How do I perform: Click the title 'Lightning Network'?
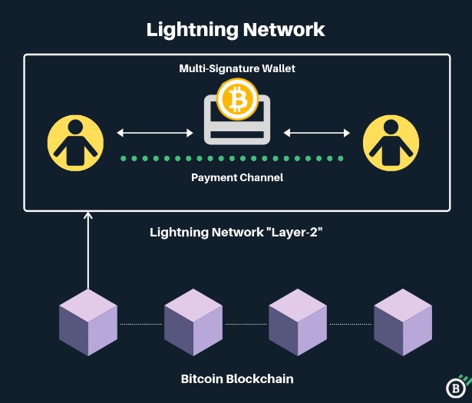pos(236,30)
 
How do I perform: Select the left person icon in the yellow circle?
pos(75,143)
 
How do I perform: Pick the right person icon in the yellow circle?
pos(391,143)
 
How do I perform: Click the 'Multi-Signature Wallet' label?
pos(237,68)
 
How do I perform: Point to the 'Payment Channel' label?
pos(237,177)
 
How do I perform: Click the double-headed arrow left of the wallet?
pos(155,133)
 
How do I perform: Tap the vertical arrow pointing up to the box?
pos(88,253)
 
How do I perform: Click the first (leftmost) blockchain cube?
pos(88,323)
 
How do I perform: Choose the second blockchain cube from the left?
pos(193,323)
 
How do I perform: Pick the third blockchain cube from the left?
pos(298,323)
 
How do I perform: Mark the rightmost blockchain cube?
pos(403,323)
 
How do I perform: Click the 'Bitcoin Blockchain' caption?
pos(237,378)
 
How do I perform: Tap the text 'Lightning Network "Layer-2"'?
pos(236,232)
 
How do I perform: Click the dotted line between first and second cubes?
pos(140,324)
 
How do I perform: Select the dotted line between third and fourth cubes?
pos(351,324)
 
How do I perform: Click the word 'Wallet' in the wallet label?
pos(276,68)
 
